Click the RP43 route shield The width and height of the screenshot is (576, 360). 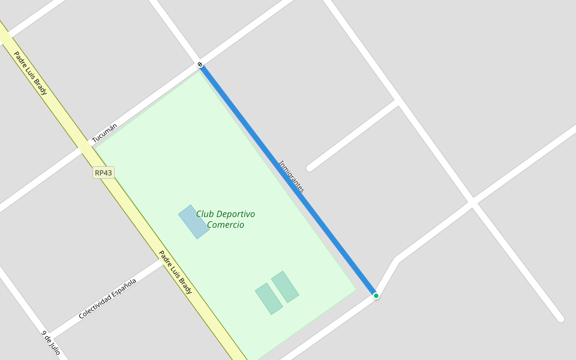(x=103, y=173)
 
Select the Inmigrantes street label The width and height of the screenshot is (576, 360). (x=292, y=176)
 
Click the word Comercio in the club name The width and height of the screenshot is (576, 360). (x=226, y=225)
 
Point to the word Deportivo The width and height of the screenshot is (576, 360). (x=235, y=214)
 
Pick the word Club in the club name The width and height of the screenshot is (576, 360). (x=205, y=214)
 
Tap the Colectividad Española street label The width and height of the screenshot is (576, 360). (x=107, y=298)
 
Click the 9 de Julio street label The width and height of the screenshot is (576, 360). (x=51, y=342)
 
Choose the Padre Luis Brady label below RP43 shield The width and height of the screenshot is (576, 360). (x=175, y=272)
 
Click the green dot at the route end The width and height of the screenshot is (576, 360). (x=376, y=296)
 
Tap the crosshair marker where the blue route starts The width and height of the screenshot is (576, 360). (x=200, y=64)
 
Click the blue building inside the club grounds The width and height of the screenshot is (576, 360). (x=194, y=222)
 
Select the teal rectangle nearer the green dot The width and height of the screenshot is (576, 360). (x=285, y=287)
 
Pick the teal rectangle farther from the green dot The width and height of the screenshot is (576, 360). (x=269, y=299)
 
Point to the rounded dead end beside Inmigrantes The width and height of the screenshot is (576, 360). (x=310, y=168)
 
